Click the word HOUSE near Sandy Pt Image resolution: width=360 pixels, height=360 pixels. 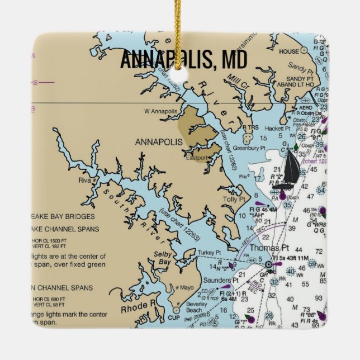288,51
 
